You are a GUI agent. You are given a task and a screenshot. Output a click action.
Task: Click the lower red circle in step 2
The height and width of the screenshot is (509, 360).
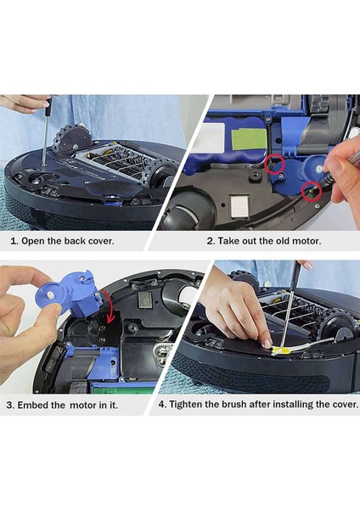point(311,193)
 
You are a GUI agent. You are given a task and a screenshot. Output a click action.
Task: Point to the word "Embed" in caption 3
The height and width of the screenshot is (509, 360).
point(39,405)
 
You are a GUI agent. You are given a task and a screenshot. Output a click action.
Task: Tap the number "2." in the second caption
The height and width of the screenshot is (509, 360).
point(211,240)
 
